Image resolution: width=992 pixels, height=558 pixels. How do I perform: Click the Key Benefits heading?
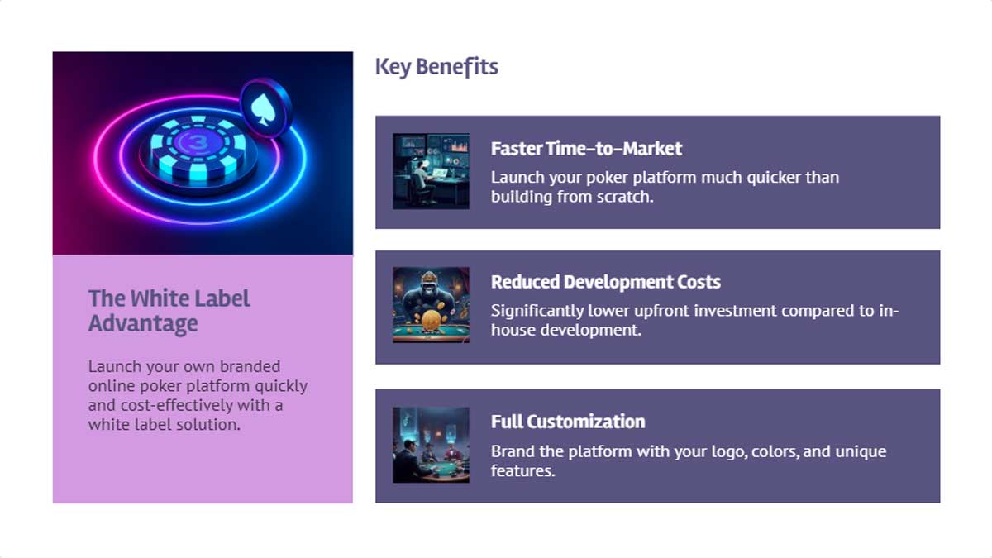(x=436, y=67)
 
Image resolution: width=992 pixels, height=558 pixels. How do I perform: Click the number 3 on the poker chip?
(x=196, y=143)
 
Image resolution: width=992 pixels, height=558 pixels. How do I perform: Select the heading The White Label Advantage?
(x=169, y=310)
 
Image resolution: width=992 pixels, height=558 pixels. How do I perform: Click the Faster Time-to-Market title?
(x=586, y=149)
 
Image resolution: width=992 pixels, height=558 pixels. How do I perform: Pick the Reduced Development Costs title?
(x=605, y=282)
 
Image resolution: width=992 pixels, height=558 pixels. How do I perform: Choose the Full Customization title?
(x=567, y=422)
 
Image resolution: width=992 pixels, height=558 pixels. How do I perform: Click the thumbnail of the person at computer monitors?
(x=431, y=171)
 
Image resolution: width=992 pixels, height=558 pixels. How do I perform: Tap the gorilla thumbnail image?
(x=431, y=304)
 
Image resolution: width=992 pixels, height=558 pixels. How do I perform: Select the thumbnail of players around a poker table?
(x=431, y=445)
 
